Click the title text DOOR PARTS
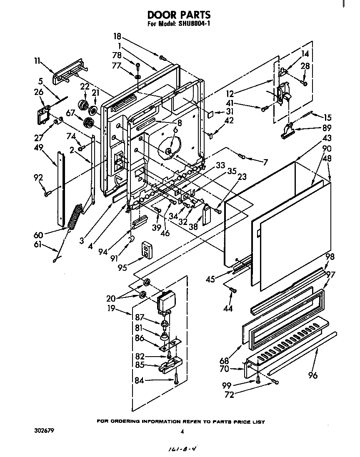coord(179,15)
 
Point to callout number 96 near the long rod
coord(312,375)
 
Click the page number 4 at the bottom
coord(182,432)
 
